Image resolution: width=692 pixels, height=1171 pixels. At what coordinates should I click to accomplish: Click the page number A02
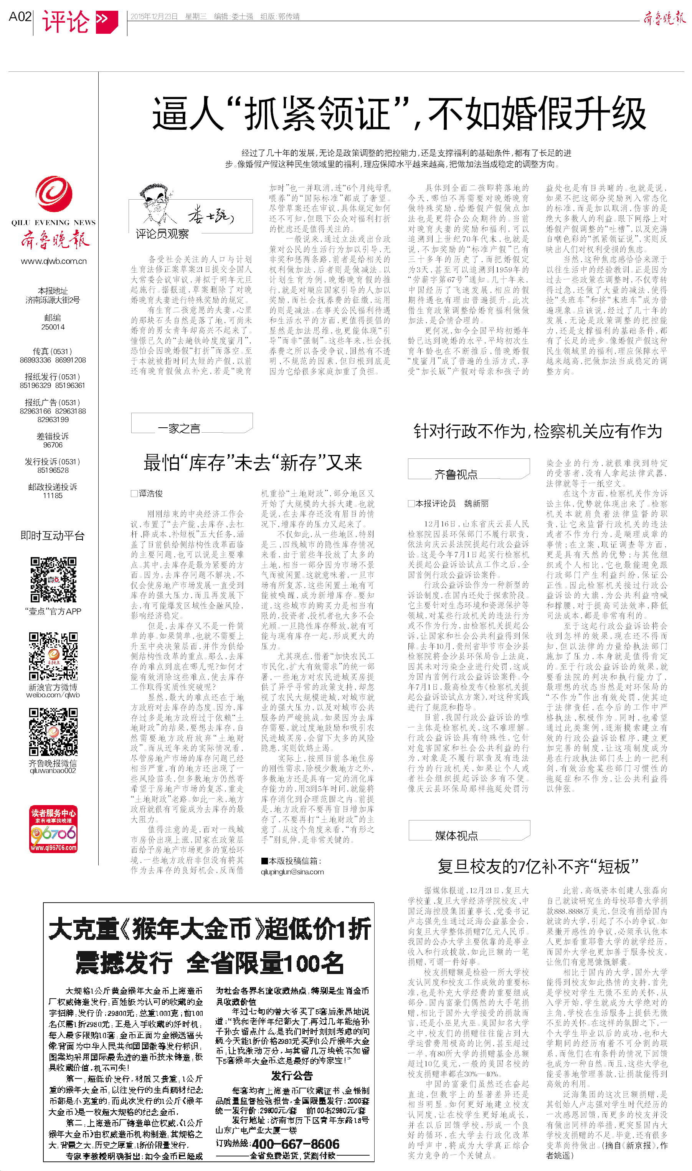coord(20,17)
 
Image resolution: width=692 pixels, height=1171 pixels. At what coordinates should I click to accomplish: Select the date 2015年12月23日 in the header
coord(154,17)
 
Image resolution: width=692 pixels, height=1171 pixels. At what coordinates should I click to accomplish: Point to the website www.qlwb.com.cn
coord(54,261)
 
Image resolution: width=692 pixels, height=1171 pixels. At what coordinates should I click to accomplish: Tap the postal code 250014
coord(53,327)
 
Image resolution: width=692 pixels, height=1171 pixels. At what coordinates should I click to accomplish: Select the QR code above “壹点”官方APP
coord(53,579)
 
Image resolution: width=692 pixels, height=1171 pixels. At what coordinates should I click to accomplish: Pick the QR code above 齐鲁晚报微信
coord(53,731)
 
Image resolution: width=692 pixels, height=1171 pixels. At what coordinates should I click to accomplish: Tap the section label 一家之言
coord(179,428)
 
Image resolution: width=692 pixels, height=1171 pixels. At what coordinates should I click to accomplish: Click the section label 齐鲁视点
coord(456,474)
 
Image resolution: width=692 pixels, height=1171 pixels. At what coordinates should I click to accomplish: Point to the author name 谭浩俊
coord(150,493)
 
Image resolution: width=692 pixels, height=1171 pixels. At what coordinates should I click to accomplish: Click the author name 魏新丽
coord(476,503)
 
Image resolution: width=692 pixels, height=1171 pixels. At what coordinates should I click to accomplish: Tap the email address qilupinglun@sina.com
coord(292,872)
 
